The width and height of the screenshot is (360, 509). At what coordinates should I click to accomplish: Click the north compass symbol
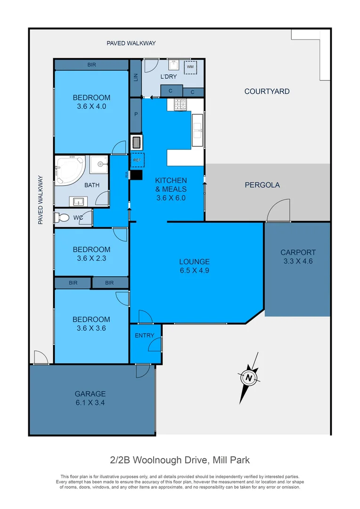pyautogui.click(x=248, y=378)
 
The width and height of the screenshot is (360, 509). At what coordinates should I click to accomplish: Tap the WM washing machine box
pyautogui.click(x=190, y=67)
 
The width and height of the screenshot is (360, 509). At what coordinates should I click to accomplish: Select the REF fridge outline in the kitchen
pyautogui.click(x=137, y=160)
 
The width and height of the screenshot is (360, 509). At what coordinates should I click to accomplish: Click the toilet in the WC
pyautogui.click(x=60, y=218)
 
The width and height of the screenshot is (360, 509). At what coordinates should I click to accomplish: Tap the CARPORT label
pyautogui.click(x=298, y=252)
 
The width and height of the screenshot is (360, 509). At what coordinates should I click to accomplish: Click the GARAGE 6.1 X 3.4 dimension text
pyautogui.click(x=90, y=402)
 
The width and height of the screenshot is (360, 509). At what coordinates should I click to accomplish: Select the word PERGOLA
pyautogui.click(x=262, y=185)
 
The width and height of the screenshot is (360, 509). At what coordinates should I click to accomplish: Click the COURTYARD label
pyautogui.click(x=267, y=91)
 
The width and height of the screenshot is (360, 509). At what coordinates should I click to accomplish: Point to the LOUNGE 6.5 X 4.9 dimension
pyautogui.click(x=194, y=271)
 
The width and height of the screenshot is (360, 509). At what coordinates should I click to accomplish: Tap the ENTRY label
pyautogui.click(x=144, y=335)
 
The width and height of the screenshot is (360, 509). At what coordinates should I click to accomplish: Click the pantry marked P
pyautogui.click(x=136, y=114)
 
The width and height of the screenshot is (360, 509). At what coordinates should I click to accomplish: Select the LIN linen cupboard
pyautogui.click(x=136, y=77)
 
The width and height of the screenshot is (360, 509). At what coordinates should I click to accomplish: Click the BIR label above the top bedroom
pyautogui.click(x=91, y=65)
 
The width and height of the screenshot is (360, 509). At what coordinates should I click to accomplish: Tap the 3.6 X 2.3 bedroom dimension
pyautogui.click(x=91, y=258)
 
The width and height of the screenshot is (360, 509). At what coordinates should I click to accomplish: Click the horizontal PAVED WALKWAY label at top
pyautogui.click(x=131, y=43)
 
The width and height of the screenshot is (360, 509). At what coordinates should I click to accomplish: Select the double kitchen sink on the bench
pyautogui.click(x=196, y=130)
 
